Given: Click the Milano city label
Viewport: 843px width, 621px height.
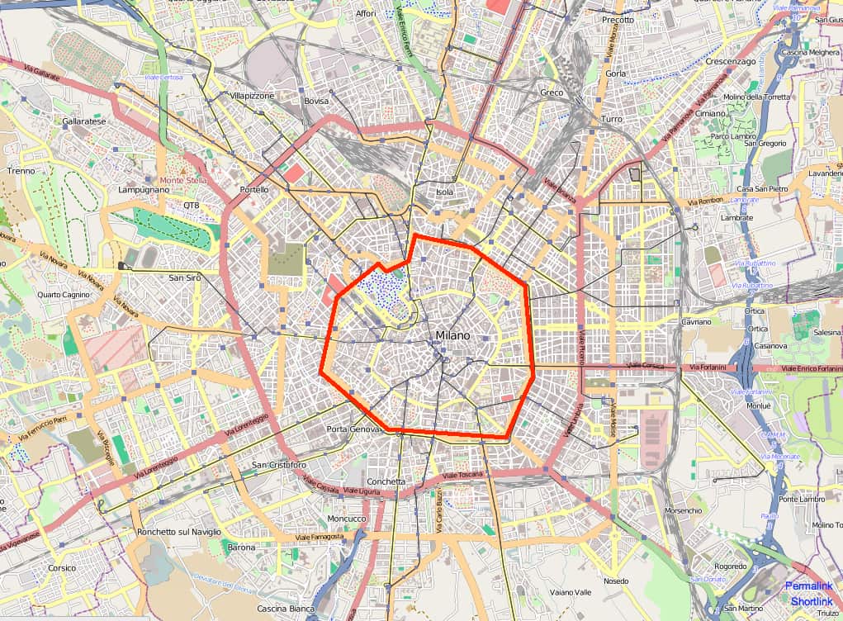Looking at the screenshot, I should click(x=452, y=336).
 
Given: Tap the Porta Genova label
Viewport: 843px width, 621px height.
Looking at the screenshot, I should click(x=353, y=429).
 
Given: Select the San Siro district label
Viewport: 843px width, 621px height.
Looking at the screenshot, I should click(x=185, y=278).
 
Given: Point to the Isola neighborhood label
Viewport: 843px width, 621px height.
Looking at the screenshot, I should click(x=445, y=192).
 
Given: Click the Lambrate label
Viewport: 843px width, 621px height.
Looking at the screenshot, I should click(x=736, y=218).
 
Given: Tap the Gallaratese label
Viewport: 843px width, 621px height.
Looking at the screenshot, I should click(x=84, y=121).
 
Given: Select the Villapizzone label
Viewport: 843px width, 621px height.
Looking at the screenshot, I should click(x=252, y=97).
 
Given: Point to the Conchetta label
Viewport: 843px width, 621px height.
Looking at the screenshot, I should click(x=386, y=481).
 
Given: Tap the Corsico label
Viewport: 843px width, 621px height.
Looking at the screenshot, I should click(x=62, y=568).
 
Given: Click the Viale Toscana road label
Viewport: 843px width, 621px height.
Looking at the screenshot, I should click(x=462, y=476).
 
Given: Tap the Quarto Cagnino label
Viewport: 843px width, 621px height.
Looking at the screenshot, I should click(x=63, y=295).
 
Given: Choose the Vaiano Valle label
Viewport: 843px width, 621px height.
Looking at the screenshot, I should click(x=571, y=592).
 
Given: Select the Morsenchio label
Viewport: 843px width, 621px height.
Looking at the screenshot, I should click(x=683, y=511).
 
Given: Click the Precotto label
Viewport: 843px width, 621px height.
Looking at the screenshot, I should click(x=618, y=20).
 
